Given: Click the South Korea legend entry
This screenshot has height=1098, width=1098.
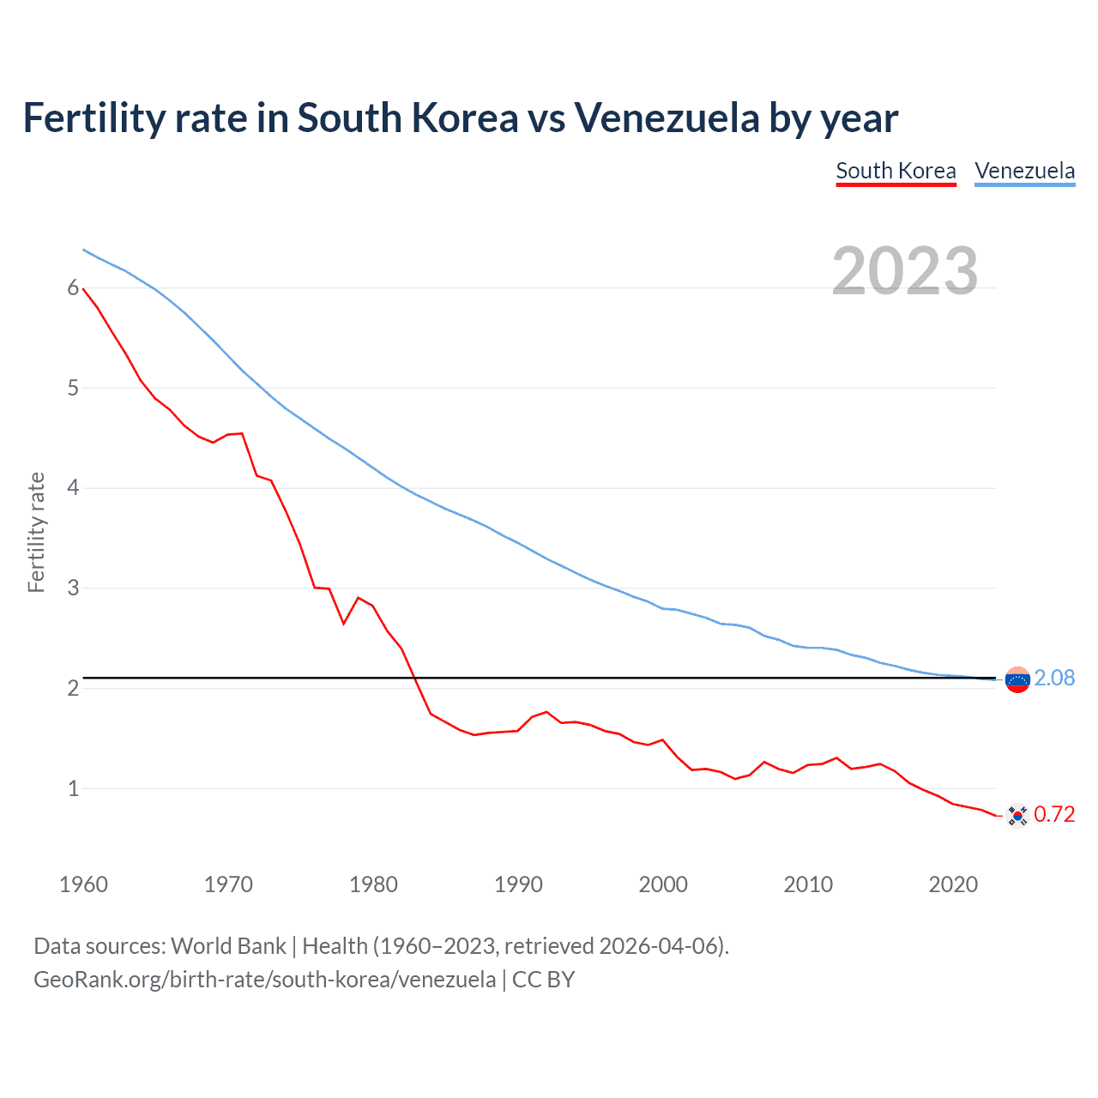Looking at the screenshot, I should [896, 171].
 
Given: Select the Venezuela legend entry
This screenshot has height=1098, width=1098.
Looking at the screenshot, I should [1024, 171].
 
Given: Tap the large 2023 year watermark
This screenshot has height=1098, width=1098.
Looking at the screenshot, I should [905, 271].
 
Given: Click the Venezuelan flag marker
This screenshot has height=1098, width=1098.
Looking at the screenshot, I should [1017, 679].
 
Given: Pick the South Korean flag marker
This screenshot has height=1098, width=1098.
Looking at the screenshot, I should [1017, 815].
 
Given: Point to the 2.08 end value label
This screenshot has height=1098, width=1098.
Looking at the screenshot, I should [1054, 678].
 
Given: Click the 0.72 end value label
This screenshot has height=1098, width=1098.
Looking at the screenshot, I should [1054, 814].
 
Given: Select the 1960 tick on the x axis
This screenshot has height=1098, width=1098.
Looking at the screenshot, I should [83, 884].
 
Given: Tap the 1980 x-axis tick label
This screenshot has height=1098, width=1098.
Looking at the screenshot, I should [373, 884].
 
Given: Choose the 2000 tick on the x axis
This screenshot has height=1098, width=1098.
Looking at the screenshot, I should [663, 884].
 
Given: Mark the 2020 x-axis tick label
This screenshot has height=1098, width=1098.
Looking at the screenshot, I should [953, 884].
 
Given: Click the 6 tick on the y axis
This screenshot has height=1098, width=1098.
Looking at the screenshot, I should [73, 288].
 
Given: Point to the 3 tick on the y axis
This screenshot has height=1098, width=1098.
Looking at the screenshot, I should [73, 588].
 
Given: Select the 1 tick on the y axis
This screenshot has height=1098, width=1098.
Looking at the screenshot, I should [73, 788].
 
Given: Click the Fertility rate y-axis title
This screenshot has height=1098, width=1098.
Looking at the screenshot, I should [36, 532].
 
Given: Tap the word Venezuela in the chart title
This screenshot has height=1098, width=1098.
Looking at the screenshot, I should [667, 118].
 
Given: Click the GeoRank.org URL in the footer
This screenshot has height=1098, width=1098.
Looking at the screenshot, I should [264, 980].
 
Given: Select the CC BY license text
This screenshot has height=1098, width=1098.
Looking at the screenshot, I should [543, 980].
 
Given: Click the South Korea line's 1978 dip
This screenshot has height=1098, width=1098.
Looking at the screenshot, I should [344, 623].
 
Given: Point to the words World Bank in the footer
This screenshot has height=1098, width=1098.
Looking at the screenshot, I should [228, 946].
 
